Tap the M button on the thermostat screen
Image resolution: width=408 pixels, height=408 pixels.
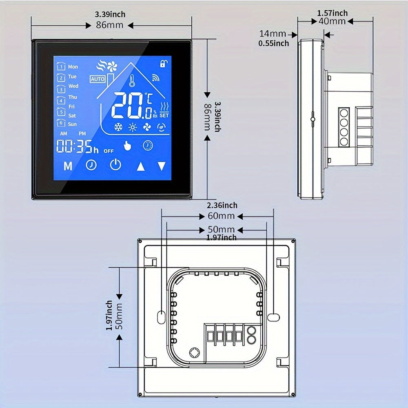68,166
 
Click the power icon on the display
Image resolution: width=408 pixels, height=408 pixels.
115,165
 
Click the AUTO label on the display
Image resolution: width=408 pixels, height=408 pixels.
98,79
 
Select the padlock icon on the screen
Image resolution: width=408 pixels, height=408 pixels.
164,63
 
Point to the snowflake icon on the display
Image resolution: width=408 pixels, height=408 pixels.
118,127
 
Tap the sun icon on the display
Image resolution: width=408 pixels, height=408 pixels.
133,127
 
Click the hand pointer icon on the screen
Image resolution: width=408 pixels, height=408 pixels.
127,146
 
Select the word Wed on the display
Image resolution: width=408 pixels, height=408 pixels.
73,86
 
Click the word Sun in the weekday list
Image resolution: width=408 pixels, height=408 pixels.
72,124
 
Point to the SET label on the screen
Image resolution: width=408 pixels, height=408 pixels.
164,115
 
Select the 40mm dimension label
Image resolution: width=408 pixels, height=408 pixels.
332,21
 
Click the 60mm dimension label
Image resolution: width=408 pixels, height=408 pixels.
221,216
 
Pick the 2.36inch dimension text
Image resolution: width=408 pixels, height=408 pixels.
222,206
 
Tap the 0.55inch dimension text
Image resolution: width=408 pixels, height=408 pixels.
274,44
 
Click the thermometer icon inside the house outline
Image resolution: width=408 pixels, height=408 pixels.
132,81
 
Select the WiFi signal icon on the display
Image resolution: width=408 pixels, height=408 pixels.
155,78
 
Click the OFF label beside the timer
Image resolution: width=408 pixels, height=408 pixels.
109,151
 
